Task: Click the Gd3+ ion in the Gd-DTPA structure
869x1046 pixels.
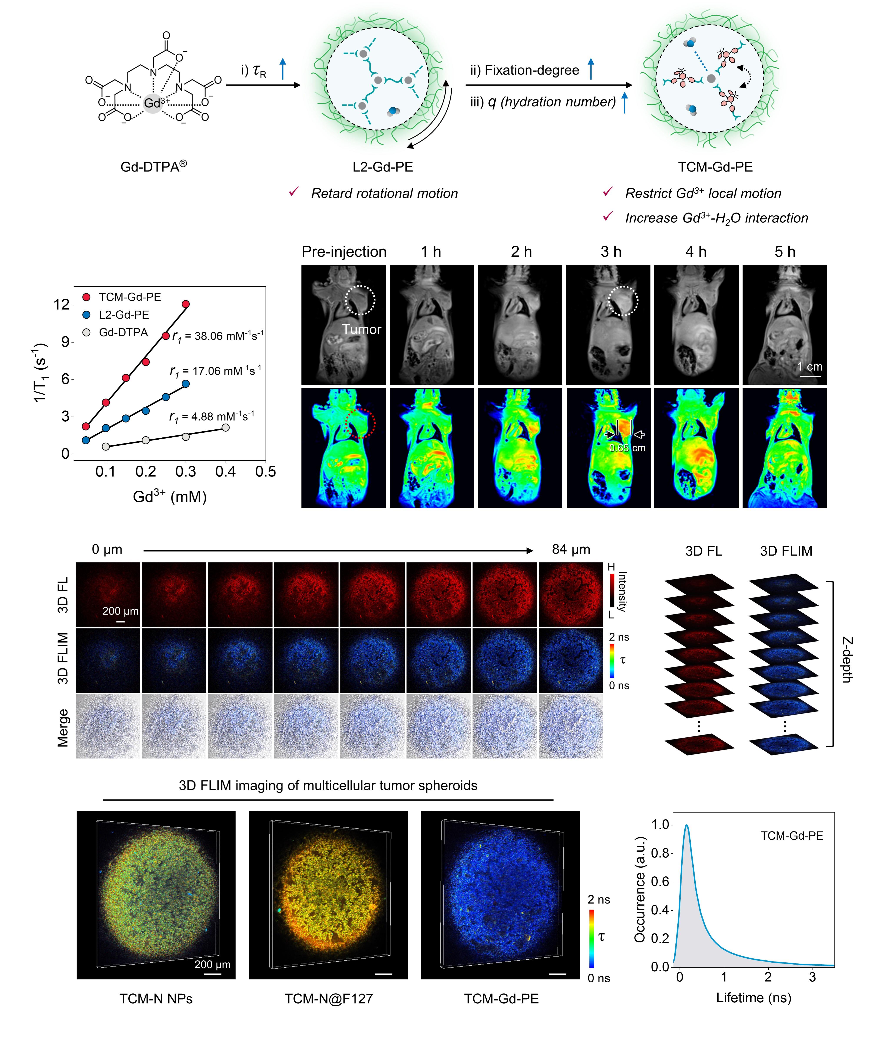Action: pos(153,103)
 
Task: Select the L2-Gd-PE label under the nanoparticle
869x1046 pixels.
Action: pos(383,167)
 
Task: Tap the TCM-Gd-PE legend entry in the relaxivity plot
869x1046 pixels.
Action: pos(129,297)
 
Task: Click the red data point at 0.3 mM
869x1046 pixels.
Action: pos(186,304)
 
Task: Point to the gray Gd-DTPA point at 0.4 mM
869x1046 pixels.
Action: pos(225,427)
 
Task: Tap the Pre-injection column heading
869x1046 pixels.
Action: pos(344,252)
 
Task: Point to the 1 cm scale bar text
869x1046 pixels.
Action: pos(810,367)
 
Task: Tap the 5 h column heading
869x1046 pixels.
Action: pos(785,252)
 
